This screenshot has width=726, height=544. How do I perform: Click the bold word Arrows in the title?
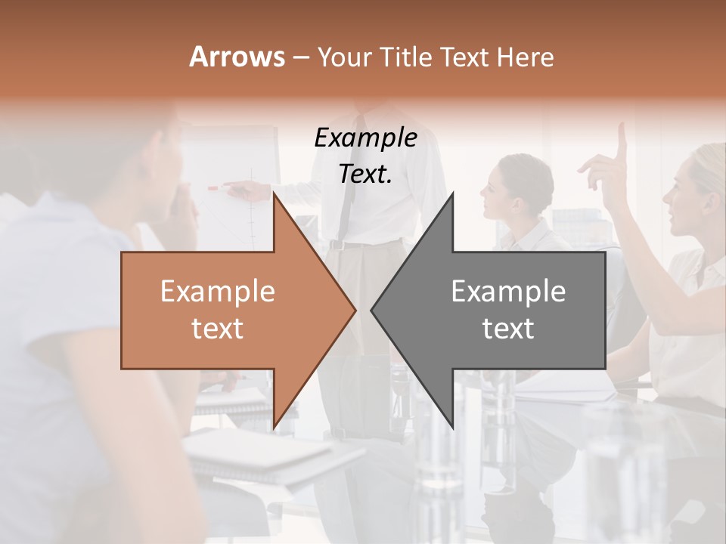(x=237, y=57)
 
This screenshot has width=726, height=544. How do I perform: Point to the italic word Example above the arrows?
(x=365, y=138)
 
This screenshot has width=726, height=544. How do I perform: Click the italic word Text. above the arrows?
(x=365, y=174)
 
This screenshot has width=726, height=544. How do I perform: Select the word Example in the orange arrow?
(x=217, y=291)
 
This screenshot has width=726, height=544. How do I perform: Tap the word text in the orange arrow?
(x=217, y=328)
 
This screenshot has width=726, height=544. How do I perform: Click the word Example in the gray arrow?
(x=508, y=291)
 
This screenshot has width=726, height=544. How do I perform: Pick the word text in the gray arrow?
(x=508, y=328)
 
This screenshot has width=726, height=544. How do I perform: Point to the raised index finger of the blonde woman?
(x=622, y=136)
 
